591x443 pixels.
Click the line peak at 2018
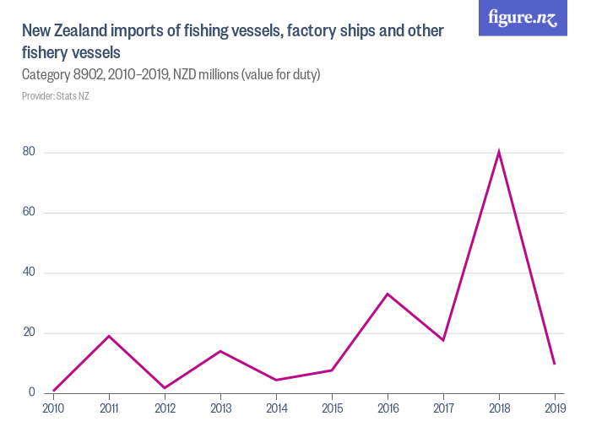tap(499, 153)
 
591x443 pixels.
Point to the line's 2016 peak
tap(388, 294)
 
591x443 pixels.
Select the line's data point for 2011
tap(109, 336)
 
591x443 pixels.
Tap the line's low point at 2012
tap(165, 388)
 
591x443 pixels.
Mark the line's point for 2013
tap(220, 351)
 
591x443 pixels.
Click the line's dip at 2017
tap(443, 340)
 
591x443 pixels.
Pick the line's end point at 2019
tap(554, 364)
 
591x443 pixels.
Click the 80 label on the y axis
tap(29, 152)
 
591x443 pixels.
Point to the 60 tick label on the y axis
tap(29, 212)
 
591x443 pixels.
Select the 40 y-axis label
tap(29, 273)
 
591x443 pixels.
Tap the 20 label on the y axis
tap(29, 332)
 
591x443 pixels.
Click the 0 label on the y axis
tap(31, 392)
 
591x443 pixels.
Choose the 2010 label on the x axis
tap(53, 409)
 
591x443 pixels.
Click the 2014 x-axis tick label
tap(276, 409)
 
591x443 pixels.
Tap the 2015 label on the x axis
tap(332, 409)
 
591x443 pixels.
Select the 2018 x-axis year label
tap(499, 409)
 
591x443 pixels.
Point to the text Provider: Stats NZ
tap(56, 96)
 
